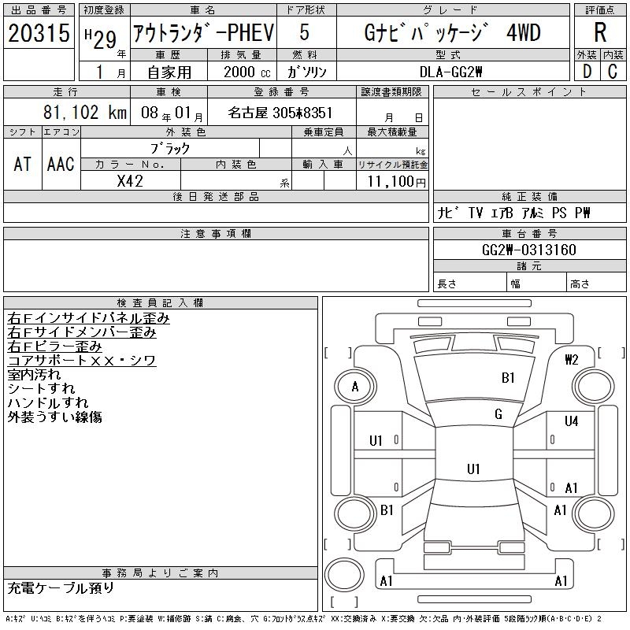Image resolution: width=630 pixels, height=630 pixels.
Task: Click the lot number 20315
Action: click(x=39, y=32)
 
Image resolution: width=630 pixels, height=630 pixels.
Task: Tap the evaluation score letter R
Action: click(x=600, y=32)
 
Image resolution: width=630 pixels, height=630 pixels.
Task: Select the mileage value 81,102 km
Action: click(x=85, y=112)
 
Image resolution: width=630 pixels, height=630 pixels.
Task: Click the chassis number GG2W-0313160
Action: click(x=529, y=250)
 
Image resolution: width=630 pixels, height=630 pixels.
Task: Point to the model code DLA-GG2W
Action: click(x=450, y=72)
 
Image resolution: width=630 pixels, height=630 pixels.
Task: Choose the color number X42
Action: click(x=130, y=181)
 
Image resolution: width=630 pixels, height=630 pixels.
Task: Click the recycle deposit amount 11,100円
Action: click(x=397, y=182)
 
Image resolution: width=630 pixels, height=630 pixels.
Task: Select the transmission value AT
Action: click(x=22, y=164)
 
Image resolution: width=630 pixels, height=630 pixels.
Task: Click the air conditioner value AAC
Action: click(x=61, y=164)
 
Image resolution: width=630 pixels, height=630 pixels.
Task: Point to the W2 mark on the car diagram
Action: click(x=572, y=359)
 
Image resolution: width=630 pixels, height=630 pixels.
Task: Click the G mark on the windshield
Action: click(x=498, y=414)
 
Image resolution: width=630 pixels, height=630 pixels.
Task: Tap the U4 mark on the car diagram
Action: click(x=571, y=421)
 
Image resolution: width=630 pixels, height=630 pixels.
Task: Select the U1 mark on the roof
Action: click(x=473, y=469)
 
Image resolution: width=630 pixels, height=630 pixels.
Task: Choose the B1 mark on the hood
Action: click(x=508, y=378)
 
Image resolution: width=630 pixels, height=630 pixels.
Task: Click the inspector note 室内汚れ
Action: click(x=34, y=375)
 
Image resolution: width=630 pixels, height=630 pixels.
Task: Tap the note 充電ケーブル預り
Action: click(x=61, y=588)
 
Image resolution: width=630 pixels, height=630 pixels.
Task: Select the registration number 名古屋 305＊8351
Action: click(x=280, y=113)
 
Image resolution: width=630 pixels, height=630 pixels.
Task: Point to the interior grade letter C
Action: click(x=613, y=72)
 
